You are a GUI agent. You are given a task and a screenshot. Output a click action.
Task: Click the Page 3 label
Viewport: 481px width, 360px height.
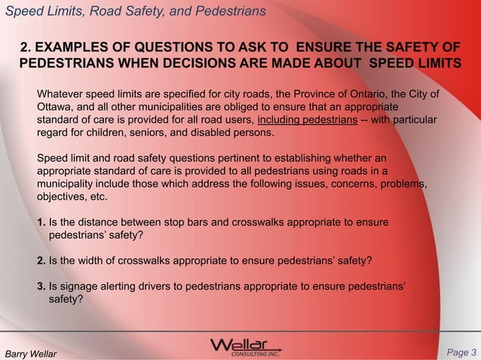(x=461, y=351)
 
